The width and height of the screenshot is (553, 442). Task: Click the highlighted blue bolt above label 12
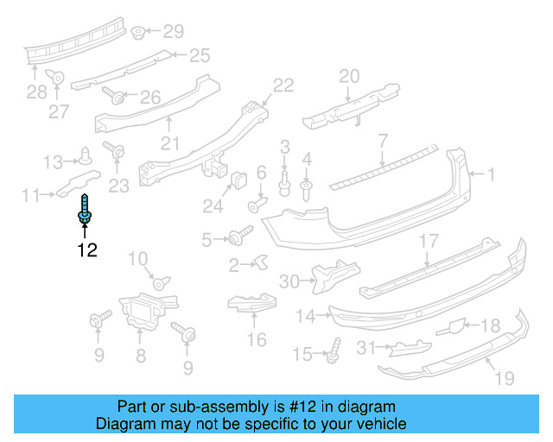coord(85,212)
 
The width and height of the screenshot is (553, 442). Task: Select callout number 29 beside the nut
coord(174,32)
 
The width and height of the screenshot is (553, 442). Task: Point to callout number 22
coord(283,85)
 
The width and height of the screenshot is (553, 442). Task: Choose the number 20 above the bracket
coord(348,76)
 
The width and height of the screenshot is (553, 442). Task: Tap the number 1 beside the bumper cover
coord(491,174)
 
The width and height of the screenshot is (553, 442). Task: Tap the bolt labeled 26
coord(114,94)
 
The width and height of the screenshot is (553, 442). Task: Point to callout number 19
coord(504,377)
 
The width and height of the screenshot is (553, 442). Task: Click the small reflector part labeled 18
coord(453,326)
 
